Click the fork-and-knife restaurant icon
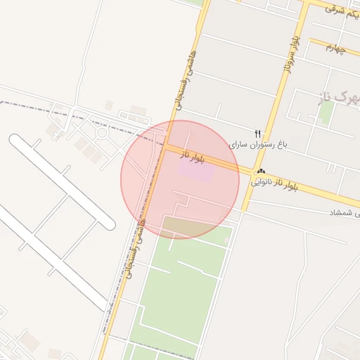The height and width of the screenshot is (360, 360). click(x=258, y=133)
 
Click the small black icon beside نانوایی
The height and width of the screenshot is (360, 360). click(x=261, y=172)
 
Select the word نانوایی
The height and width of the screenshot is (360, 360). click(x=264, y=182)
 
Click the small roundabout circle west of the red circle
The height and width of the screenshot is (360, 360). click(x=102, y=132)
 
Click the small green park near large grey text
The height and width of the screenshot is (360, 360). click(x=325, y=112)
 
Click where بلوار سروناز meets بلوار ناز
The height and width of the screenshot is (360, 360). click(x=252, y=171)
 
